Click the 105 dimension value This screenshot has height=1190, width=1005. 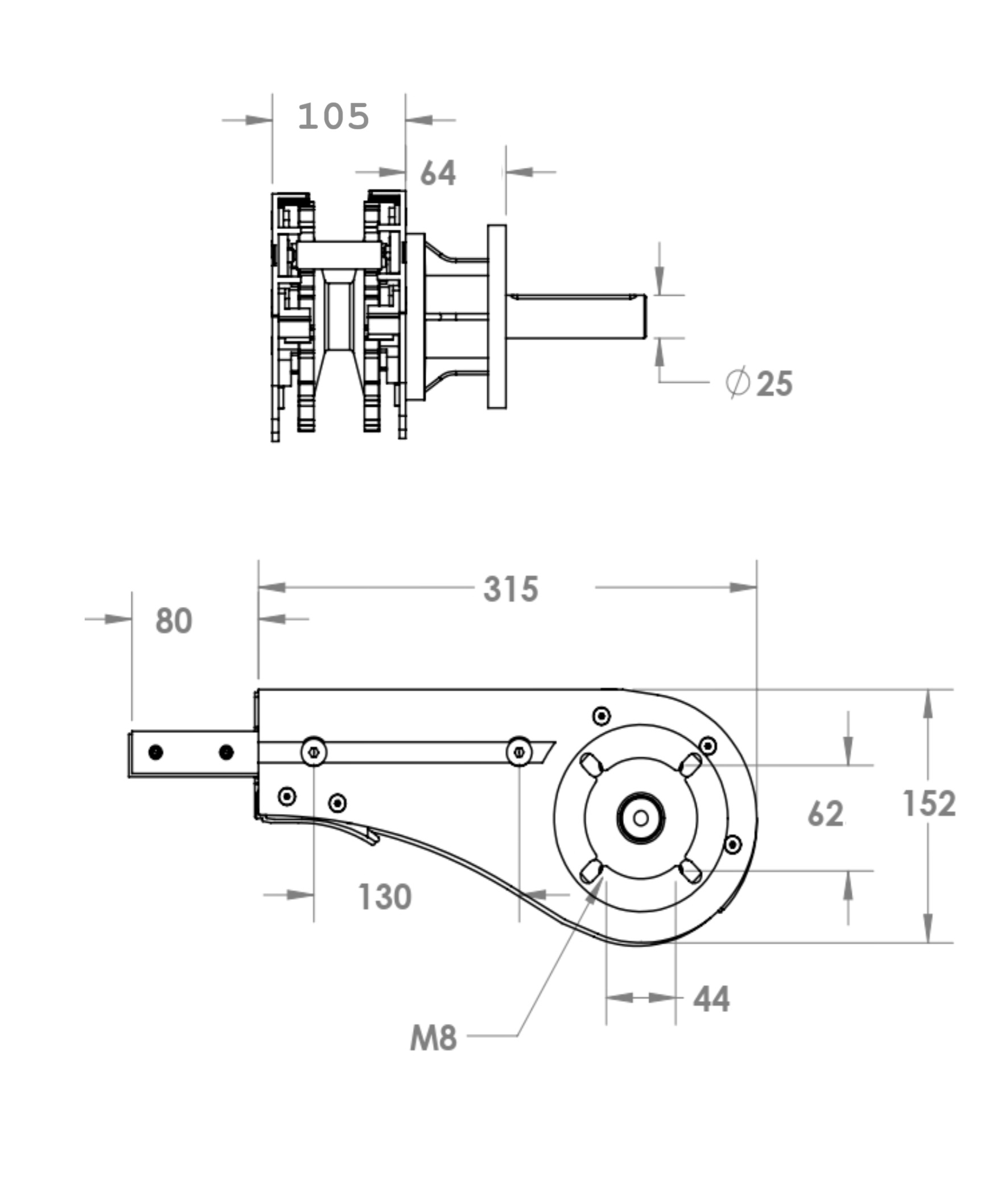(x=334, y=117)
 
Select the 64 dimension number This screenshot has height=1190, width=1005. (x=438, y=173)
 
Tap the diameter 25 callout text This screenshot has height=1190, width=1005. (x=760, y=383)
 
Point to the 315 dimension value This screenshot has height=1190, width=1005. (x=510, y=589)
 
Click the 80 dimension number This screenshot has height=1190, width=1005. (x=174, y=621)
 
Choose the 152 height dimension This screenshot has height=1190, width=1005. (x=929, y=804)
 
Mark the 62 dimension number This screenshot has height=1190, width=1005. (x=826, y=813)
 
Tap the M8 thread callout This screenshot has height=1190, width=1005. (x=434, y=1038)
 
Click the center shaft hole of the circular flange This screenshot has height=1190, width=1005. (x=641, y=817)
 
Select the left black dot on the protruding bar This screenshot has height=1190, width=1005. (x=155, y=752)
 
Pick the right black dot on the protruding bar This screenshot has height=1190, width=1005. (x=226, y=752)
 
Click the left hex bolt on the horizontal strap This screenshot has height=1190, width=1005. (x=314, y=752)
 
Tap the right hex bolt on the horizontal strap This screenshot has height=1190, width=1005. (x=519, y=752)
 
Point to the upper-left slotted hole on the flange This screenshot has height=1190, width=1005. (x=591, y=765)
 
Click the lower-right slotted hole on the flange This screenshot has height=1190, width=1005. (x=690, y=871)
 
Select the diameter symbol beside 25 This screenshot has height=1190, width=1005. (x=738, y=383)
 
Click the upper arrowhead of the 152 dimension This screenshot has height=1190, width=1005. (x=928, y=704)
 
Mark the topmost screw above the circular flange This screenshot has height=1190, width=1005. (x=602, y=716)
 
